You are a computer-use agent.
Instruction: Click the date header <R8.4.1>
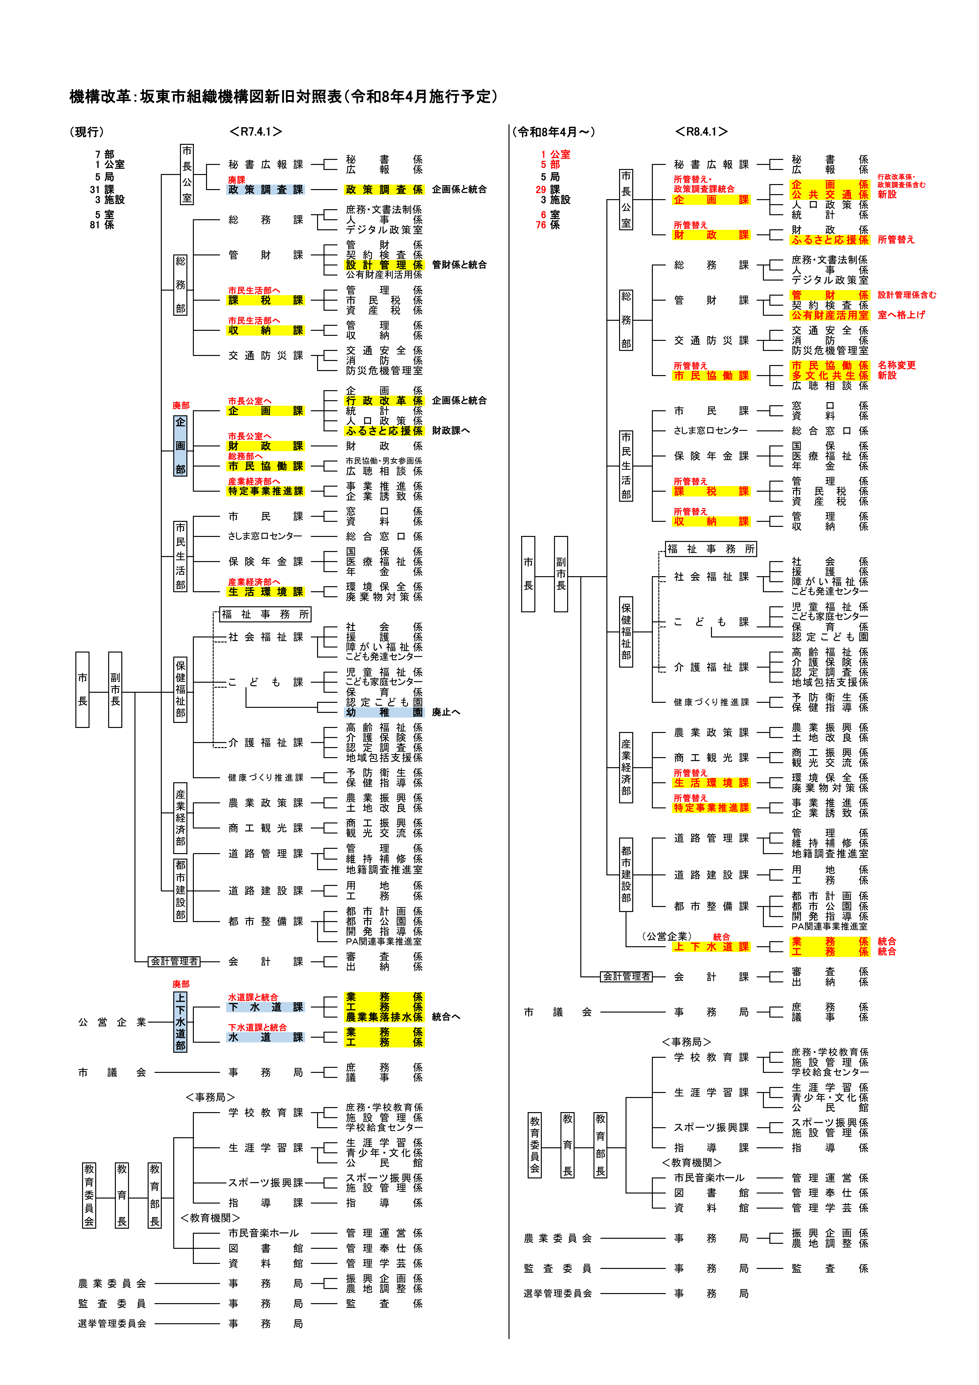click(701, 131)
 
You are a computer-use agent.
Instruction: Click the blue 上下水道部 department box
click(180, 1022)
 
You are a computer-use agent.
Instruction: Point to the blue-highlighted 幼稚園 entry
click(384, 712)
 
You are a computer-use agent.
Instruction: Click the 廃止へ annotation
click(446, 712)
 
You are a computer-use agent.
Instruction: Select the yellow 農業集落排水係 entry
click(384, 1017)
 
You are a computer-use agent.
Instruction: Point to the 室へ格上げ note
click(901, 315)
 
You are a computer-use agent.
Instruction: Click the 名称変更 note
click(896, 365)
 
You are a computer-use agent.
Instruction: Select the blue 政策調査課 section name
click(265, 189)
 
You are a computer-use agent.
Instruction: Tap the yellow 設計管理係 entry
click(384, 265)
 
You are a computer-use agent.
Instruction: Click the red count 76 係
click(548, 225)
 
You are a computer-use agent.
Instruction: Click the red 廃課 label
click(236, 180)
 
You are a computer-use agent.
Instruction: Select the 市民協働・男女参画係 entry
click(384, 461)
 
